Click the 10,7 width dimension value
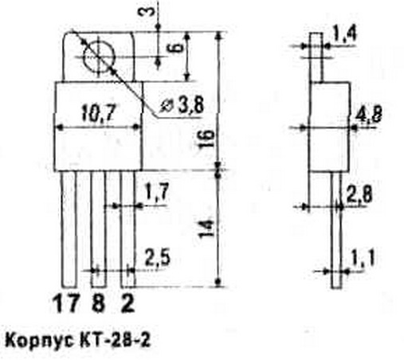tap(99, 113)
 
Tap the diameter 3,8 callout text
tap(182, 104)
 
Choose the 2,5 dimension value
tap(158, 258)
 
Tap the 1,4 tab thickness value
tap(344, 33)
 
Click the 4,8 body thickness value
tap(368, 114)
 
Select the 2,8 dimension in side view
tap(359, 195)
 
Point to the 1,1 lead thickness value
tap(363, 258)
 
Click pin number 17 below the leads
tap(66, 303)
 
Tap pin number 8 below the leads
tap(98, 303)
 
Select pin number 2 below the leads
tap(127, 303)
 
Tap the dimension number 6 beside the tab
tap(178, 49)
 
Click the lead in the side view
tap(336, 230)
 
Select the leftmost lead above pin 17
tap(69, 229)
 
